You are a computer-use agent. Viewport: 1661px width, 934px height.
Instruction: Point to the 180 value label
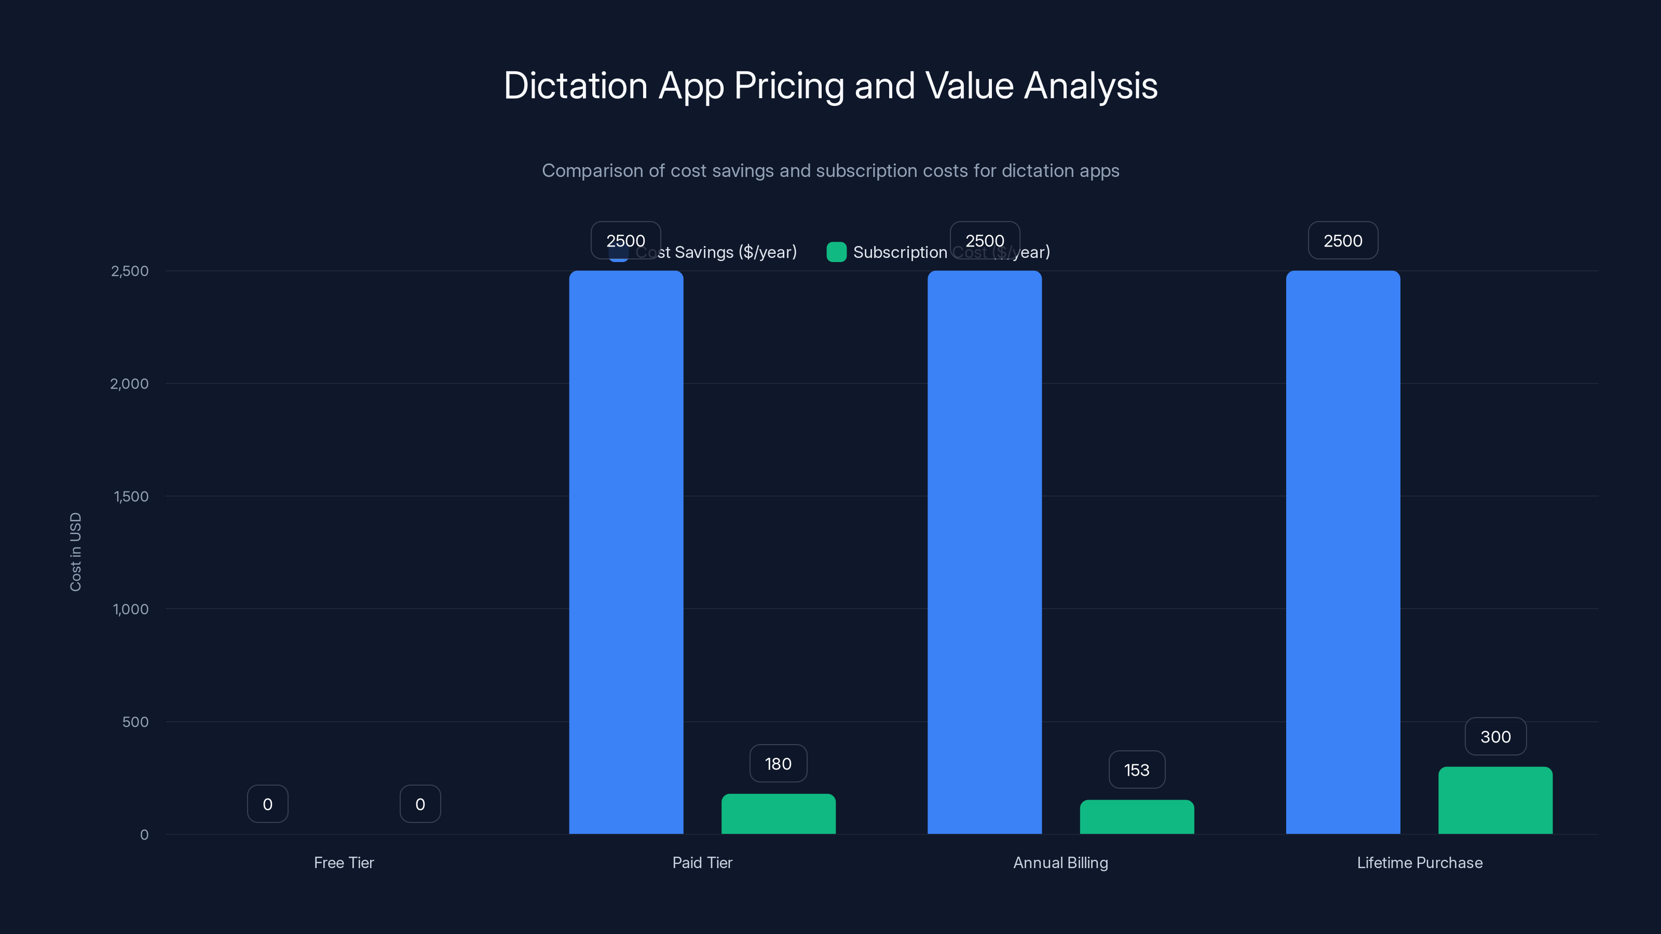tap(778, 764)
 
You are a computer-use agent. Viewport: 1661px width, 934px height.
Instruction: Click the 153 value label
tap(1137, 770)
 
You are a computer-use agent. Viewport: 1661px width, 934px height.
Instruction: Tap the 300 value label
tap(1495, 737)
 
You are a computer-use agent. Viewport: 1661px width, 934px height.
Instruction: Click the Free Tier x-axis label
tap(344, 862)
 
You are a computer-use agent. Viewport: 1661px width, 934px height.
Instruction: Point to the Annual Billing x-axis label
tap(1060, 862)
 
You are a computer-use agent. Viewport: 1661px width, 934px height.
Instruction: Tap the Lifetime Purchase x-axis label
tap(1420, 862)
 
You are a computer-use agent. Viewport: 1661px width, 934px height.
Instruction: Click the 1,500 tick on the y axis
tap(131, 497)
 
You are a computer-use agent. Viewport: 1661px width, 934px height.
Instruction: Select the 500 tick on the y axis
tap(135, 722)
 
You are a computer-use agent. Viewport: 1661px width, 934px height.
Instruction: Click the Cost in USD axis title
tap(75, 552)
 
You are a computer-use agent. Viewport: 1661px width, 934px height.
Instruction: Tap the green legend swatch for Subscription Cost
tap(836, 252)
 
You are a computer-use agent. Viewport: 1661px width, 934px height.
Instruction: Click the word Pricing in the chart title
tap(788, 86)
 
